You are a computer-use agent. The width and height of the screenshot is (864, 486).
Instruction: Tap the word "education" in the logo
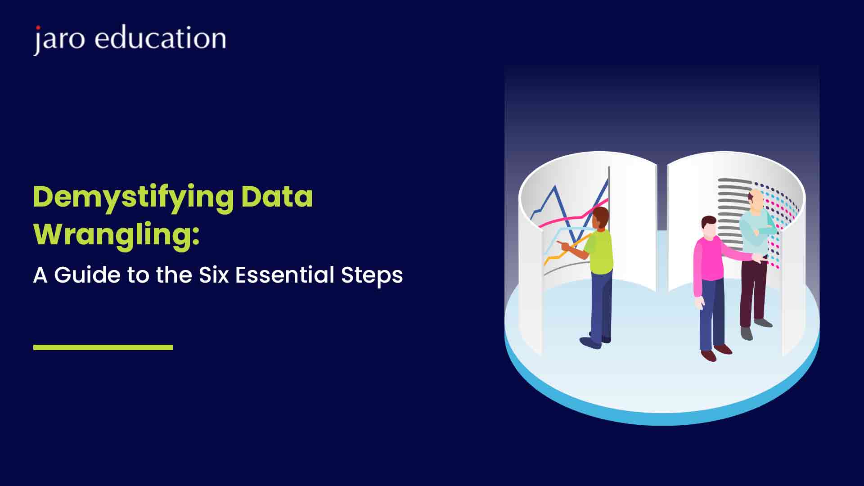[160, 37]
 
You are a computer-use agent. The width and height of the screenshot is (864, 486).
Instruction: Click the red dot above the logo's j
[38, 28]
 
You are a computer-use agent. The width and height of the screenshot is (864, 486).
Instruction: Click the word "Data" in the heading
[277, 197]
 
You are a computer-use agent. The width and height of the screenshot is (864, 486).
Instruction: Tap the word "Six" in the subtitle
[214, 275]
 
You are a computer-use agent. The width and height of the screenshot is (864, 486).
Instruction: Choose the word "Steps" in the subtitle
[372, 276]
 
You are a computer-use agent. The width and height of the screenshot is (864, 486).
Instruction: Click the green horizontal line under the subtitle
[103, 347]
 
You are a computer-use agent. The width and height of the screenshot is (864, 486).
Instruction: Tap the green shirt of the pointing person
[599, 252]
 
